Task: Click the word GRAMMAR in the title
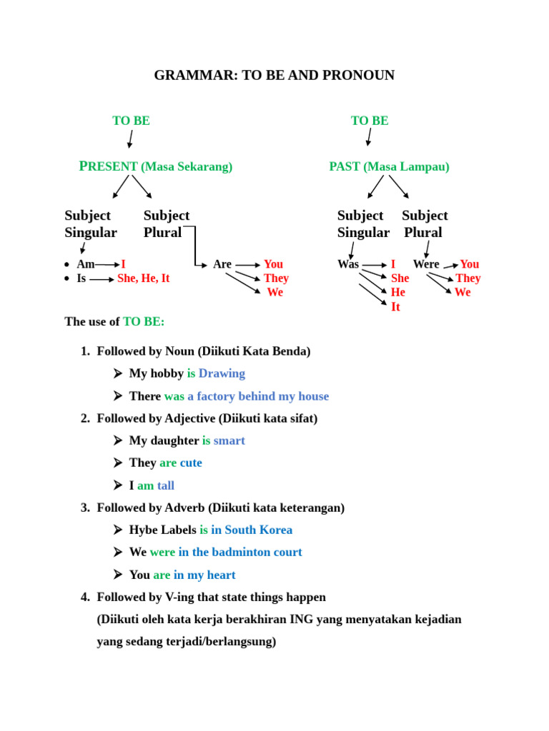click(x=196, y=75)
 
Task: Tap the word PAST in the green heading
click(x=345, y=166)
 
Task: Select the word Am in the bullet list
click(x=86, y=264)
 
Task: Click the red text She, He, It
click(x=143, y=278)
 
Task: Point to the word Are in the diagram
click(x=222, y=264)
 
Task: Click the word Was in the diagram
click(x=348, y=264)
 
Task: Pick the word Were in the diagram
click(x=426, y=264)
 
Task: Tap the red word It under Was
click(x=395, y=307)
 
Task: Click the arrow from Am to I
click(x=107, y=265)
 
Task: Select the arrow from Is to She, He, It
click(x=102, y=279)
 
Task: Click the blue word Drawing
click(x=222, y=373)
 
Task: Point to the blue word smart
click(x=229, y=440)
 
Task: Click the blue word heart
click(x=222, y=575)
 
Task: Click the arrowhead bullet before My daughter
click(x=118, y=440)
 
